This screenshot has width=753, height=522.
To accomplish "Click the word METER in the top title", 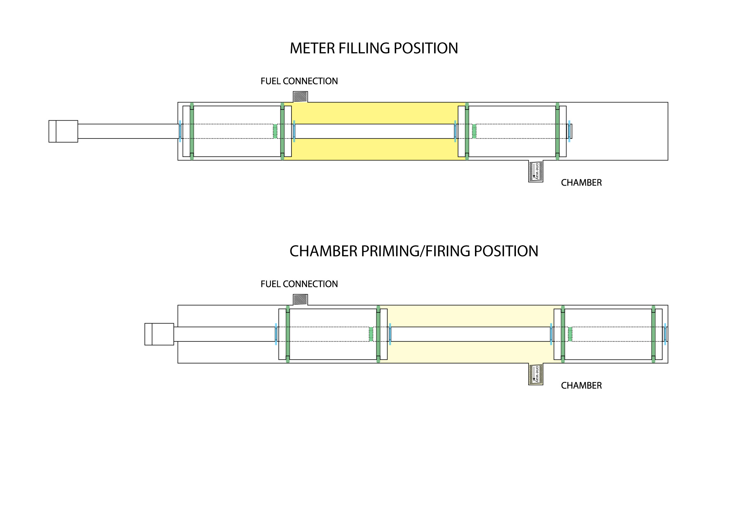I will coord(312,48).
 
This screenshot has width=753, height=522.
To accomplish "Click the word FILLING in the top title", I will coord(364,48).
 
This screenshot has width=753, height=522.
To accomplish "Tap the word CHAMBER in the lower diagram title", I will coord(324,251).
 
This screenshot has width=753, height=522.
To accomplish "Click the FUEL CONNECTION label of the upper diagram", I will coord(299,81).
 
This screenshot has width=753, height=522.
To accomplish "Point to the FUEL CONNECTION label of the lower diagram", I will coord(299,284).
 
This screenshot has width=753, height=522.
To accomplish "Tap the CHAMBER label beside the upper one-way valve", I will coord(581,183).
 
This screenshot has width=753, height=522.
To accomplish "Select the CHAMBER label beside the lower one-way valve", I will coord(581,386).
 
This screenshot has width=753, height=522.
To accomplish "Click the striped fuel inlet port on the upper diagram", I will coord(300,97).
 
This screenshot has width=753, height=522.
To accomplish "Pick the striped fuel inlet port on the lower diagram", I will coord(300,300).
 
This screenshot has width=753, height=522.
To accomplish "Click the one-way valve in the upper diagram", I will coord(536,171).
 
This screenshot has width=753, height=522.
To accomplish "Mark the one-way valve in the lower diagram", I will coord(536,374).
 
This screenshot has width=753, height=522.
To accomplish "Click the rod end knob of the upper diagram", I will coord(63,131).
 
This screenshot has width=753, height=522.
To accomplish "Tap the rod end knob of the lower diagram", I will coord(159,334).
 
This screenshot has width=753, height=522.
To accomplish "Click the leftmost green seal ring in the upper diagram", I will coord(192,131).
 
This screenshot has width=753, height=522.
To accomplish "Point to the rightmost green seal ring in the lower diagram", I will coord(653,334).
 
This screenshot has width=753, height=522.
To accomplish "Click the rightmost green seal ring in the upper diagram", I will coord(557,131).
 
